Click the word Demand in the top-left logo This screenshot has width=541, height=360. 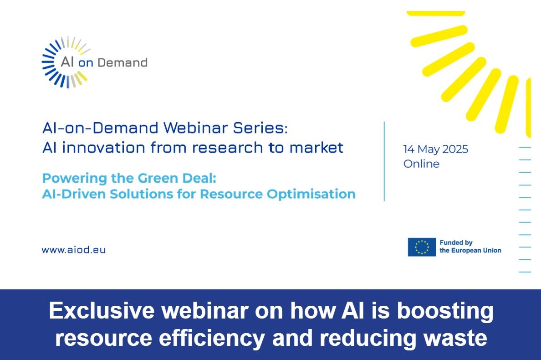coord(122,62)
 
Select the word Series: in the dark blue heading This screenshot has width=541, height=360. coord(260,128)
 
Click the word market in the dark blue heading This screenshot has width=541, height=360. coord(316,148)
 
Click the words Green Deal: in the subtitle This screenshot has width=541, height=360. coord(177,178)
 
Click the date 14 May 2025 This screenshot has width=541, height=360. coord(435,149)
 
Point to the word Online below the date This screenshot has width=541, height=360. coord(421,164)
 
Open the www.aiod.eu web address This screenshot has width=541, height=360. coord(73,250)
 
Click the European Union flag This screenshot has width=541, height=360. coord(422,247)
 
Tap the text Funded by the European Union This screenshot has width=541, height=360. coord(470,247)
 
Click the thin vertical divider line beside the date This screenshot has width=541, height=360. coord(384,161)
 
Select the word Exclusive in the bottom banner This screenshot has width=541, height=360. coord(102,310)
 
